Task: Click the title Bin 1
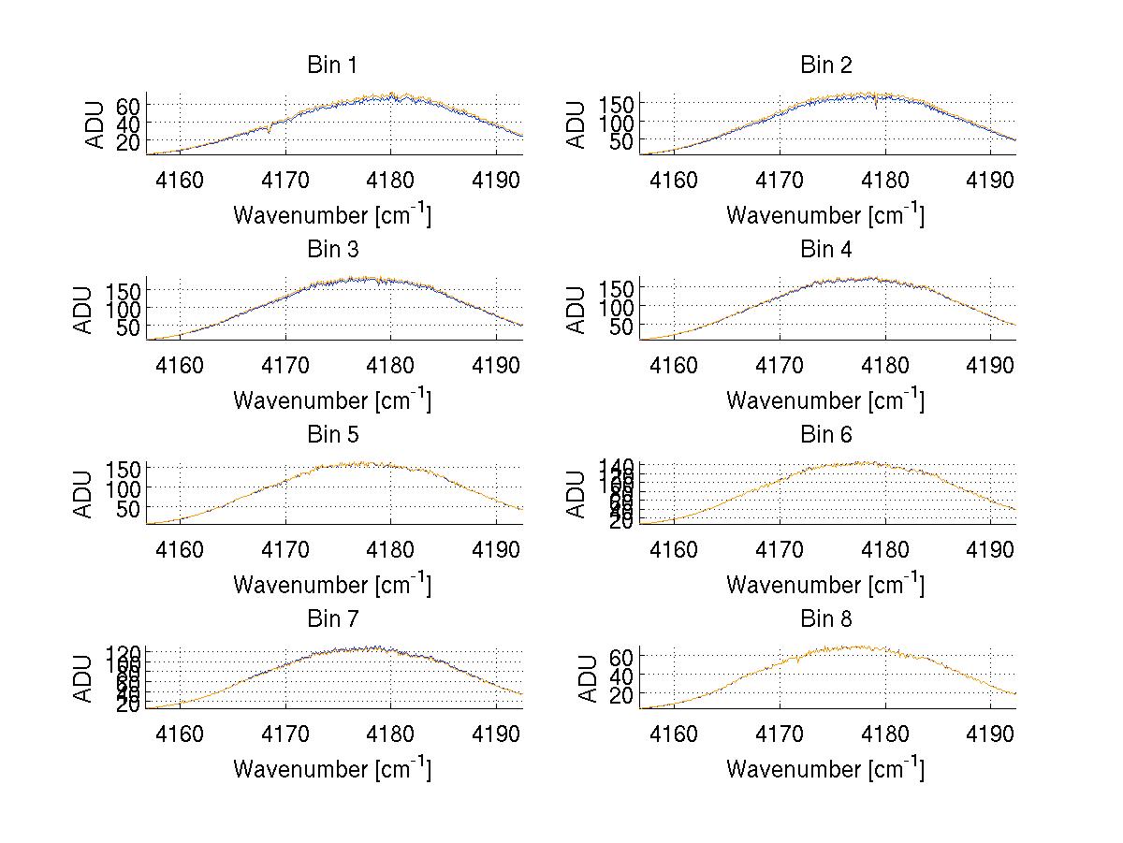point(332,65)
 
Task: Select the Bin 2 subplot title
point(826,65)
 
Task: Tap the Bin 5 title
point(332,435)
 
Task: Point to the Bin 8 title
point(826,619)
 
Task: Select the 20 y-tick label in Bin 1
point(127,141)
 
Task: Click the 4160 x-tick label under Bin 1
point(180,180)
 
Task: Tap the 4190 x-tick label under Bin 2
point(990,180)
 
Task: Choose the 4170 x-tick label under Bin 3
point(285,364)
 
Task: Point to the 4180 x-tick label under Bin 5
point(390,548)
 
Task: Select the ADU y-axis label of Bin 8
point(590,678)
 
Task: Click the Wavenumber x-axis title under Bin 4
point(825,400)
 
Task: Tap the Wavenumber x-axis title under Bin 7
point(332,769)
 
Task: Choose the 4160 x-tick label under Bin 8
point(674,733)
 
